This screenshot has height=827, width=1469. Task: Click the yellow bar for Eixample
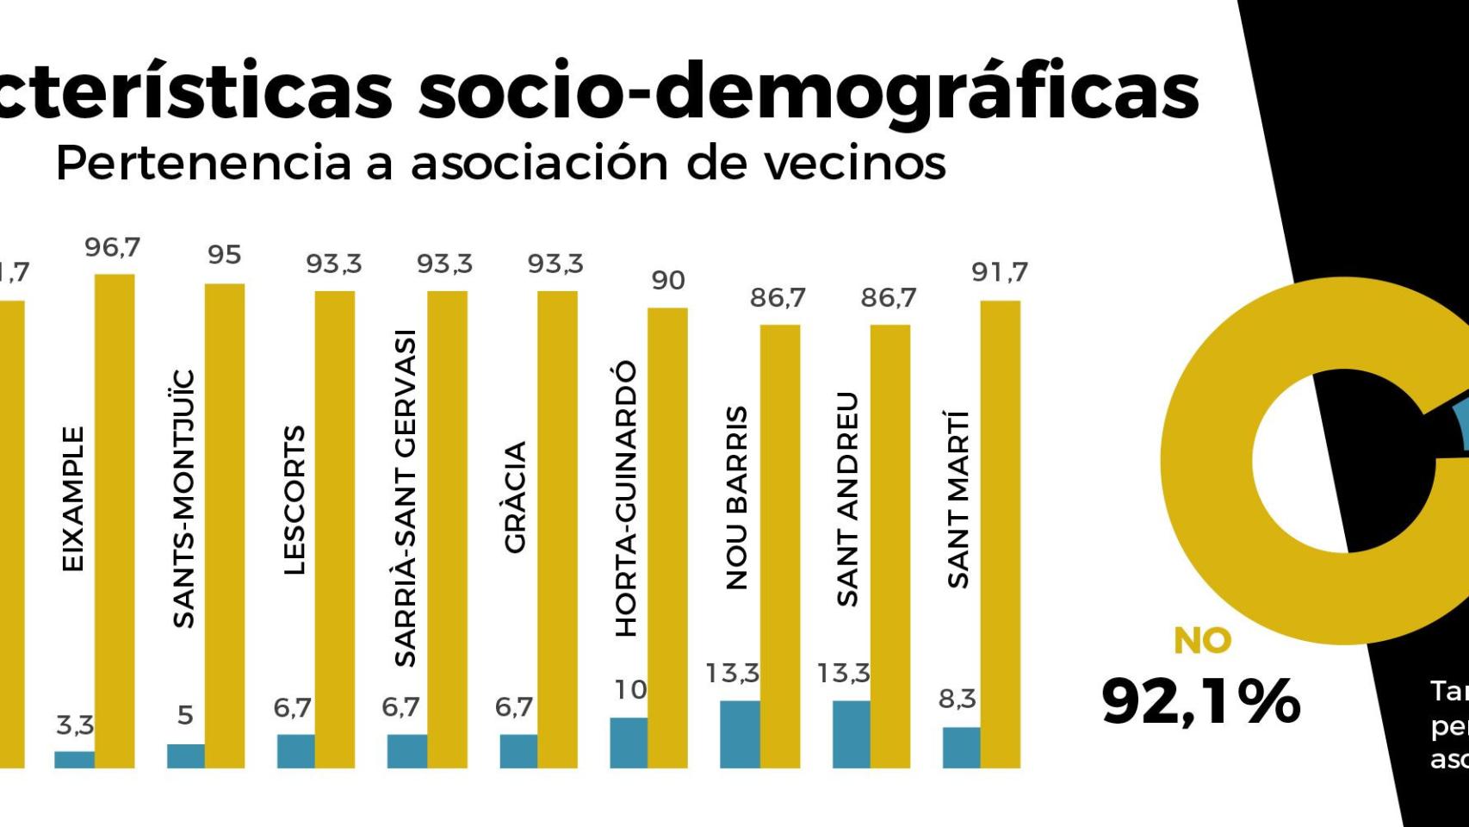coord(114,521)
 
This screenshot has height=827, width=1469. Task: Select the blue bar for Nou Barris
coord(740,734)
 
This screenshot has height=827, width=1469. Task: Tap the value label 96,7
coord(112,248)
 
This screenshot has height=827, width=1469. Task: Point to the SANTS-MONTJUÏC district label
coord(183,500)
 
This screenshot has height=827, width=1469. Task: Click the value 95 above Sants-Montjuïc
coord(224,255)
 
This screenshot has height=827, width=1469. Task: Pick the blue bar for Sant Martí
coord(961,747)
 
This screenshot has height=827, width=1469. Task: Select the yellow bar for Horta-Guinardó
coord(667,538)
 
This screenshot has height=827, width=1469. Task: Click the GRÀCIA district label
coord(515,497)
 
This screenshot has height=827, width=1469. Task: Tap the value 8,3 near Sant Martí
coord(957,700)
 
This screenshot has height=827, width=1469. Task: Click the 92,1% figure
coord(1200,701)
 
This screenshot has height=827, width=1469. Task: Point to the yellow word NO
coord(1202,641)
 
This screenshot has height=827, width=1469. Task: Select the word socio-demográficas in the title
coord(809,91)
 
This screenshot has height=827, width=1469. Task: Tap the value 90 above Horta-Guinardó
coord(667,281)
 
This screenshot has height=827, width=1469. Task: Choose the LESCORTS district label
coord(294,500)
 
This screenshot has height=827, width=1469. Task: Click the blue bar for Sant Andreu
coord(851,734)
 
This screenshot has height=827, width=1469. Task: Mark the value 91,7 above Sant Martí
coord(999,272)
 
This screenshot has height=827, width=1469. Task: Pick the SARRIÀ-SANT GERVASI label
coord(405,498)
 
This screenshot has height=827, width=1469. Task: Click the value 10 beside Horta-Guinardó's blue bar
coord(630,690)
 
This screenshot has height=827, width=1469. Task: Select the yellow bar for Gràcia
coord(557,530)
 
